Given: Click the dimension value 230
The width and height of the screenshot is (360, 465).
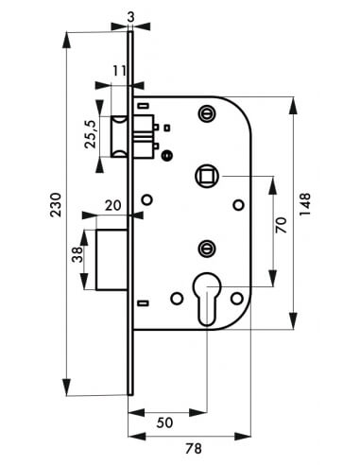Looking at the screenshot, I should click(56, 206).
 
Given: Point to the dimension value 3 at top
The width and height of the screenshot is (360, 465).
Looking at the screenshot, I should click(128, 15).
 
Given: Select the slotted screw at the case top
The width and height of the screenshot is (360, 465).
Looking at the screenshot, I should click(207, 112).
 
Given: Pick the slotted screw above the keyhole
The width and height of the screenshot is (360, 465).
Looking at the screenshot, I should click(207, 248).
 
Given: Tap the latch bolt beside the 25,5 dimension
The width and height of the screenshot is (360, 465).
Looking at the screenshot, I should click(121, 135).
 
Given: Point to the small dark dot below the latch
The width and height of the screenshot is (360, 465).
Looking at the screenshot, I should click(167, 155).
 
